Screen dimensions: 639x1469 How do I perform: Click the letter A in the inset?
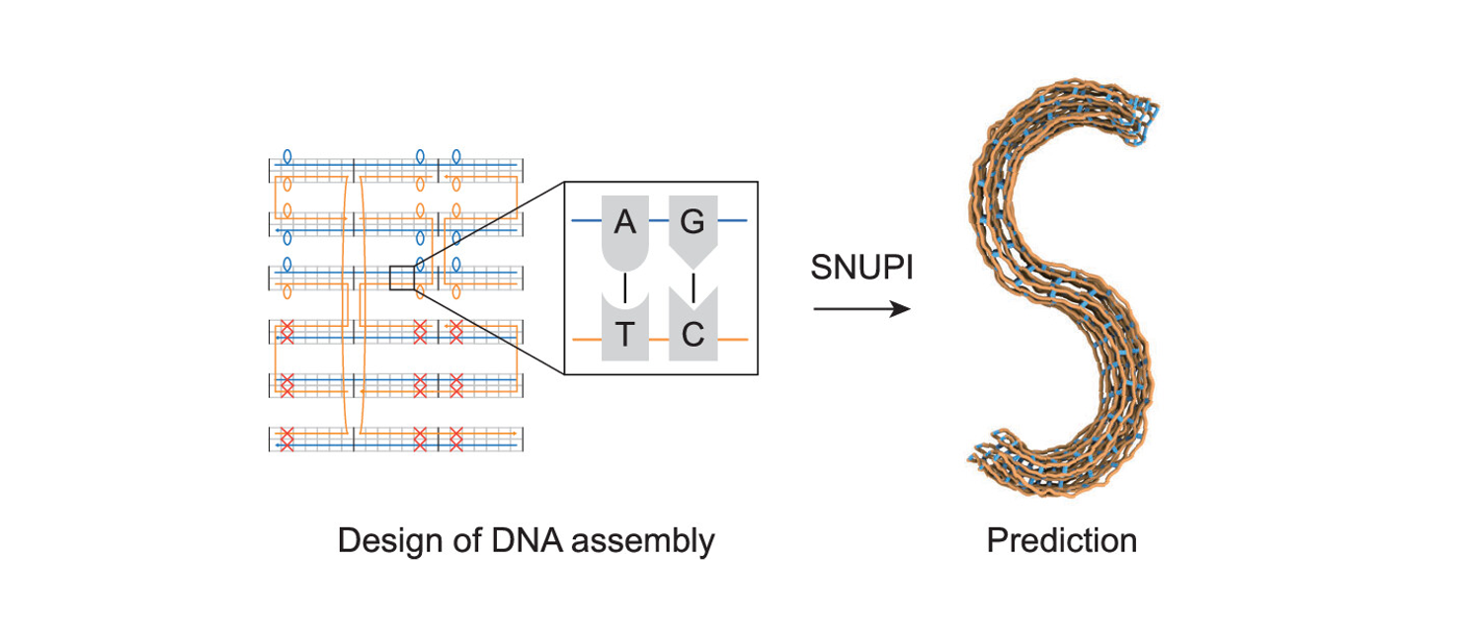click(624, 223)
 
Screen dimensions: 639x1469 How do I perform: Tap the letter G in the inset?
click(693, 223)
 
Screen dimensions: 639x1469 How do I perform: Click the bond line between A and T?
click(624, 288)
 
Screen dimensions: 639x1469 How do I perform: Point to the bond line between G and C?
click(694, 287)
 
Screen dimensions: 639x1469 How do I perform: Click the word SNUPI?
click(861, 268)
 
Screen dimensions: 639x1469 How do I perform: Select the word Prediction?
click(1061, 540)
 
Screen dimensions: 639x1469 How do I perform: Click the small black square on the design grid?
click(401, 279)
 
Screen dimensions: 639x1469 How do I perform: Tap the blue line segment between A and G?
click(659, 219)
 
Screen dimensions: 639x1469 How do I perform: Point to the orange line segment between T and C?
click(659, 340)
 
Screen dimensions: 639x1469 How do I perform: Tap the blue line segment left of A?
click(587, 219)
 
